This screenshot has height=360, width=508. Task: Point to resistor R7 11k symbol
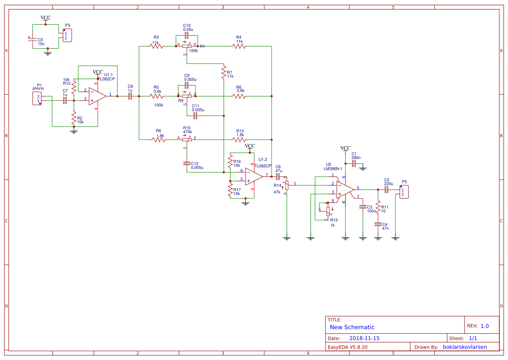pos(223,72)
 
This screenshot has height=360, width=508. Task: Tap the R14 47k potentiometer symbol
pos(286,186)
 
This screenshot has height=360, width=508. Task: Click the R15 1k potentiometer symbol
pos(328,211)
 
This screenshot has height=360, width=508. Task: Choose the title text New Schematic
pos(352,327)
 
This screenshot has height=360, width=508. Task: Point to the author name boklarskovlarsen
pos(464,347)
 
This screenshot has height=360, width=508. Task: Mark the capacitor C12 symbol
pos(187,163)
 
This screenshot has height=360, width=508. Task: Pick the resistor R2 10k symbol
pos(73,118)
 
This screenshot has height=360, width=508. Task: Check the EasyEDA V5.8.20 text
pos(348,347)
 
